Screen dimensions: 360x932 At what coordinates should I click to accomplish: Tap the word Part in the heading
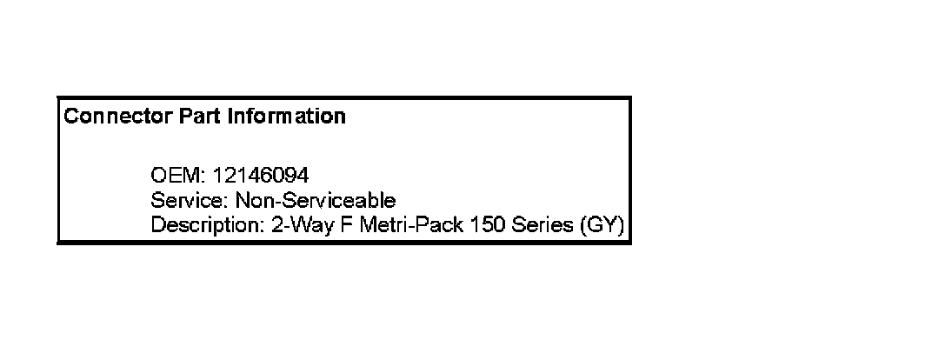pyautogui.click(x=202, y=116)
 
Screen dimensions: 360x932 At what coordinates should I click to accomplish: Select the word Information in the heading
pyautogui.click(x=287, y=116)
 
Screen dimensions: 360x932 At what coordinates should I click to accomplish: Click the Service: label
pyautogui.click(x=183, y=201)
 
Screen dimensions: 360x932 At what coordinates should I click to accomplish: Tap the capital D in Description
pyautogui.click(x=157, y=225)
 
